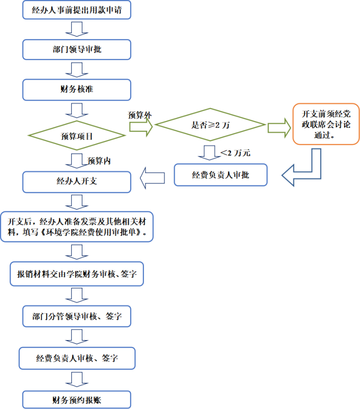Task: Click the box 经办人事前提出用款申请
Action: [x=77, y=9]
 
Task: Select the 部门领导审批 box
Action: [x=77, y=49]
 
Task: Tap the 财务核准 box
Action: [x=77, y=90]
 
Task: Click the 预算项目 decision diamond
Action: [x=77, y=136]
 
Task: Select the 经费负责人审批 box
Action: [x=221, y=175]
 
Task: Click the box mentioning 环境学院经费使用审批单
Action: [x=77, y=227]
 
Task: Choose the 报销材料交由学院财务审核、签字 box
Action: [x=77, y=274]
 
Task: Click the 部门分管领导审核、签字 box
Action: [x=77, y=316]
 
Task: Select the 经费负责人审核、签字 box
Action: [x=77, y=358]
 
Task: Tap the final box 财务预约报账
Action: [x=77, y=400]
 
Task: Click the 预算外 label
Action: [x=139, y=115]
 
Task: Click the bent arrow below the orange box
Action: [x=305, y=170]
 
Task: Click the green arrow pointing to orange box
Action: [x=279, y=127]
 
